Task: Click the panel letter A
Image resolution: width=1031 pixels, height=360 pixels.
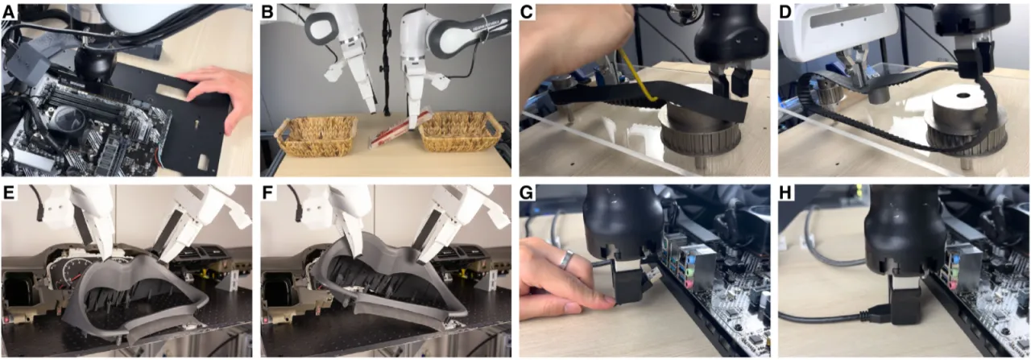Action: click(x=8, y=12)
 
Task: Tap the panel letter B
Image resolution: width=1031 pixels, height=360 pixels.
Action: click(x=267, y=12)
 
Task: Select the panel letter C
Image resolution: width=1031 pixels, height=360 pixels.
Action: click(x=527, y=12)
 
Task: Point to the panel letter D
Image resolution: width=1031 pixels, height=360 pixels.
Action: click(x=786, y=12)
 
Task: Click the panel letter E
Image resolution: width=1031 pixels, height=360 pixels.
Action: click(x=8, y=193)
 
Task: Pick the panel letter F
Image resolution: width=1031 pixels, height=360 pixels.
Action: click(x=267, y=193)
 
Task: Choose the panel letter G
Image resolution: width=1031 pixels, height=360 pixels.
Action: click(x=527, y=193)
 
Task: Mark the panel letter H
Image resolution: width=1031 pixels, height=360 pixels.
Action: click(x=786, y=193)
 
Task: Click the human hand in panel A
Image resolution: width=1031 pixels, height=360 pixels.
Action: click(x=217, y=95)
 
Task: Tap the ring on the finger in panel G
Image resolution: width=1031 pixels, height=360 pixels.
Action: click(x=566, y=260)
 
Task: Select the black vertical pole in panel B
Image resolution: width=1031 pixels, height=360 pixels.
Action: click(x=385, y=60)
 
